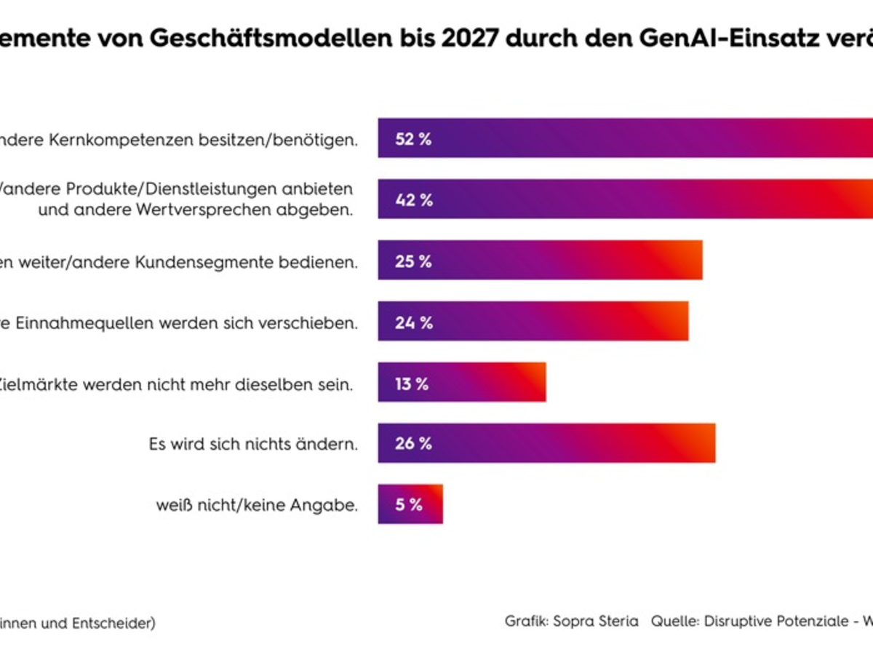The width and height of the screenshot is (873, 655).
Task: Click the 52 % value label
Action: coord(413,139)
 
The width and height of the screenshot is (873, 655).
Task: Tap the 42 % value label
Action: coord(413,200)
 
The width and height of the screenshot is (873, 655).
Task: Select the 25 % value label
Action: coord(413,261)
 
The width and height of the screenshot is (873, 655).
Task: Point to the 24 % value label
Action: coord(413,322)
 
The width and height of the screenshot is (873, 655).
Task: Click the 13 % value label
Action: coord(412,384)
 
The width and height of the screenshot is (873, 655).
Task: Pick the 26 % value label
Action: coord(413,443)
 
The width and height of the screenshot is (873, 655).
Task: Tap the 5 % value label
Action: coord(409,504)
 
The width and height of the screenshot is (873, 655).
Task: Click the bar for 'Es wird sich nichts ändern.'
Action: coord(546,443)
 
